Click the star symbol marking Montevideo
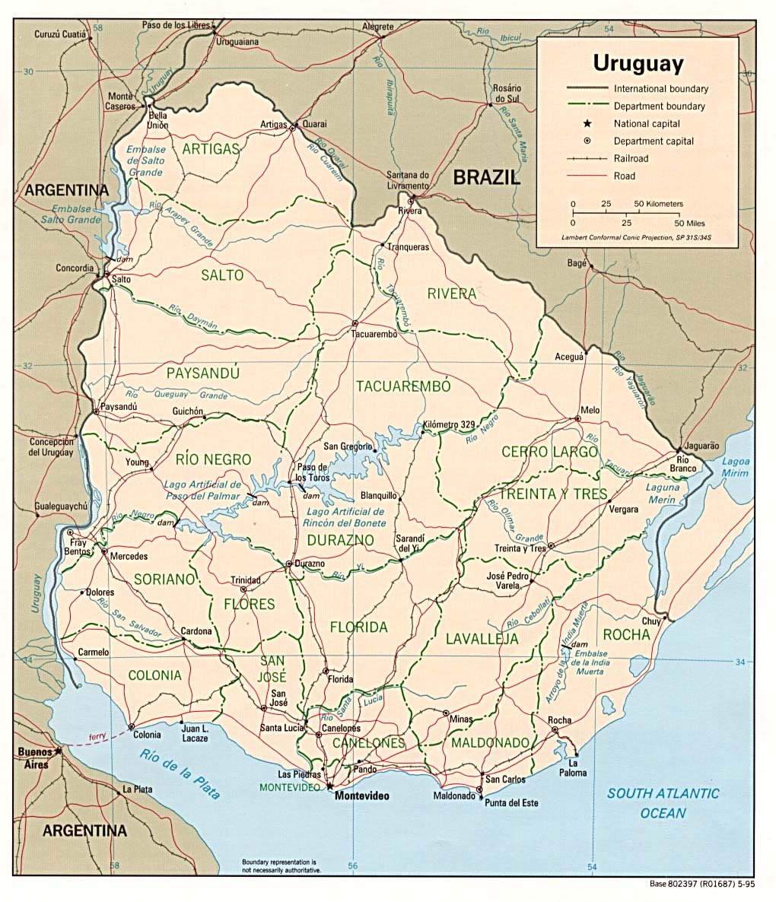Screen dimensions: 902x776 click(330, 785)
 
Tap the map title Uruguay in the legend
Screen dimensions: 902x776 click(638, 62)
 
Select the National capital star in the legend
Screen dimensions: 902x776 click(587, 123)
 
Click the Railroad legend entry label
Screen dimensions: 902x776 click(631, 158)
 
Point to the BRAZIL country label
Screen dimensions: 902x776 click(487, 178)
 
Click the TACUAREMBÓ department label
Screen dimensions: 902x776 click(403, 386)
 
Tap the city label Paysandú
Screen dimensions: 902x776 click(118, 407)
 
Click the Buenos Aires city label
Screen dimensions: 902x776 click(35, 757)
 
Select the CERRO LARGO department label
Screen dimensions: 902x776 click(549, 452)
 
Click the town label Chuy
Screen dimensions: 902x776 click(650, 621)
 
